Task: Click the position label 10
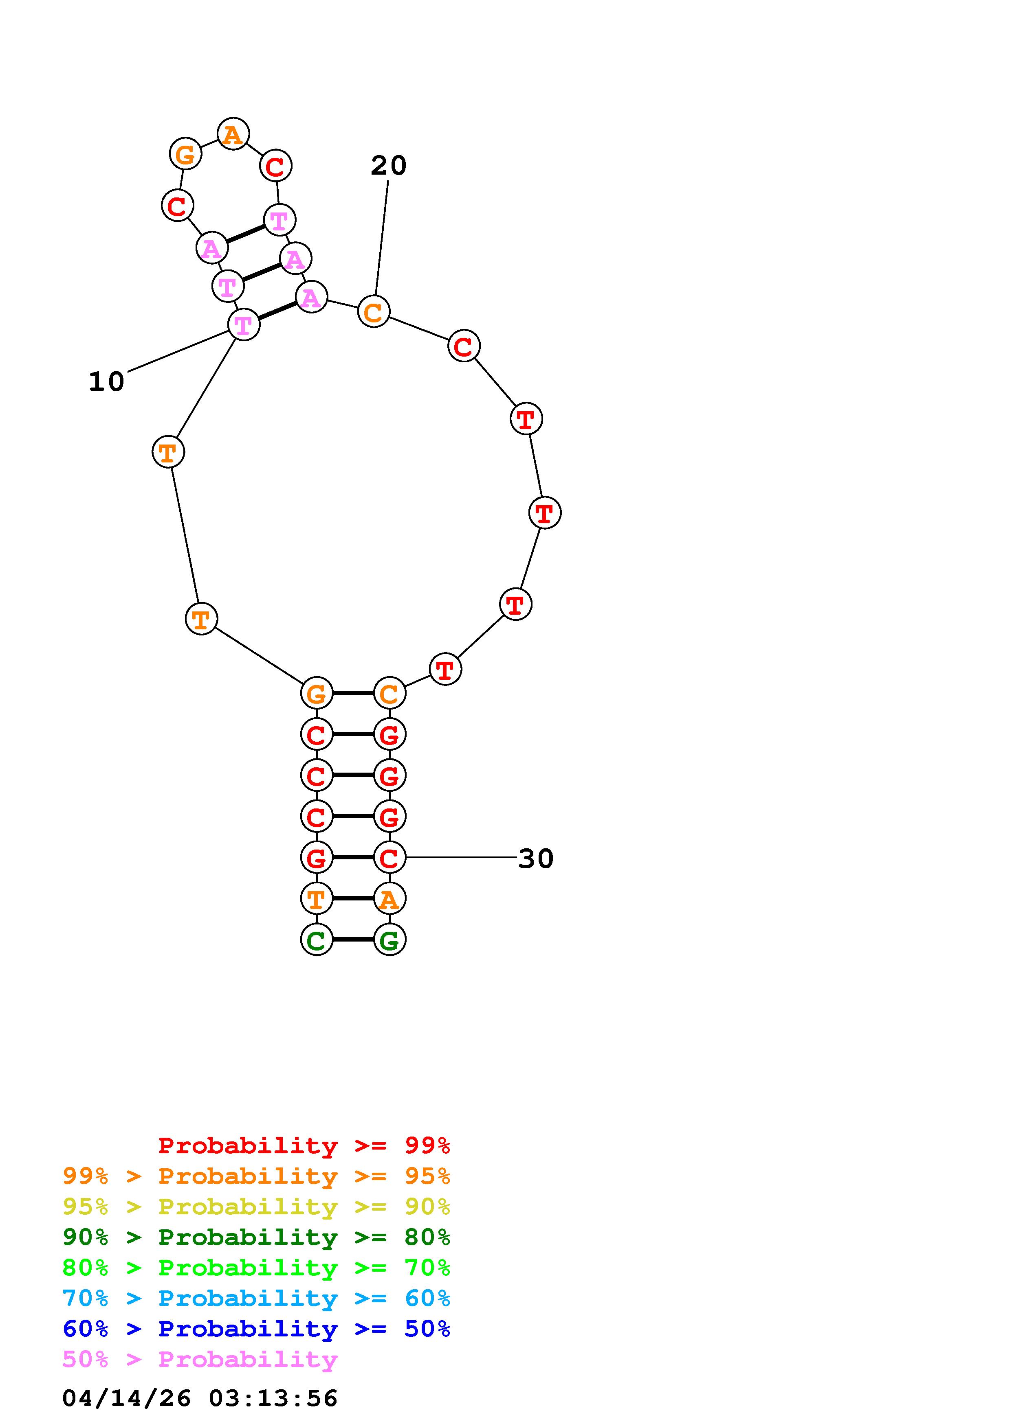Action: pos(106,382)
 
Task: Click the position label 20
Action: pos(388,165)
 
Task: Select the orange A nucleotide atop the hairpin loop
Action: pos(233,134)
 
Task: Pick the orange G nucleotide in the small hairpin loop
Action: pos(185,153)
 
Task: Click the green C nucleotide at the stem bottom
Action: pos(316,940)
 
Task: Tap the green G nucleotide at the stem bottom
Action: pos(389,940)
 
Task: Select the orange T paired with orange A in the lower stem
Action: pos(316,899)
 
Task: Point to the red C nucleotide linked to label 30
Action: pos(389,858)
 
